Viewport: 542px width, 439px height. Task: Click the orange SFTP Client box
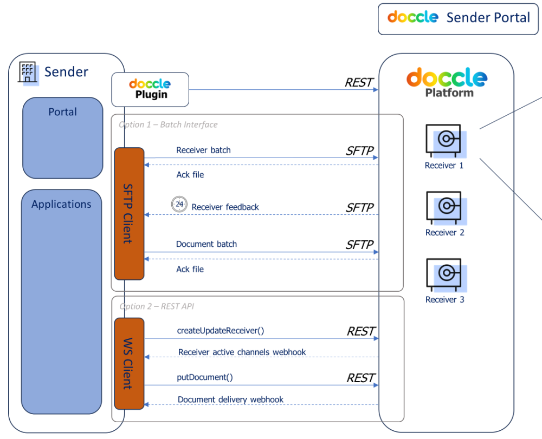pyautogui.click(x=129, y=213)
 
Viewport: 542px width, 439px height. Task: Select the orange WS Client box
pyautogui.click(x=129, y=363)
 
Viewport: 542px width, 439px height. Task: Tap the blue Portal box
pyautogui.click(x=62, y=137)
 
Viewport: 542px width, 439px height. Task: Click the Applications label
pyautogui.click(x=61, y=204)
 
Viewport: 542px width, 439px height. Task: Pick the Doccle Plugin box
pyautogui.click(x=150, y=89)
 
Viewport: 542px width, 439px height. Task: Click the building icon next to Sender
pyautogui.click(x=28, y=72)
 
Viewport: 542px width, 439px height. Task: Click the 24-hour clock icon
pyautogui.click(x=179, y=205)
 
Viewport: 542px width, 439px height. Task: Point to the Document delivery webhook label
pyautogui.click(x=230, y=399)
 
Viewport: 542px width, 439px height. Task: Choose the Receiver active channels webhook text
pyautogui.click(x=242, y=352)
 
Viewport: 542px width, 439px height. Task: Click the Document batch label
pyautogui.click(x=207, y=244)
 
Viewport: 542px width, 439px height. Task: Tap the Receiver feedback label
pyautogui.click(x=225, y=207)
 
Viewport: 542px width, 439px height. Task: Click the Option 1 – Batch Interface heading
pyautogui.click(x=168, y=125)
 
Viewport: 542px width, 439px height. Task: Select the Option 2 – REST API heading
pyautogui.click(x=157, y=306)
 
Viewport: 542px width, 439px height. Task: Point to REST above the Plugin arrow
pyautogui.click(x=359, y=82)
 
